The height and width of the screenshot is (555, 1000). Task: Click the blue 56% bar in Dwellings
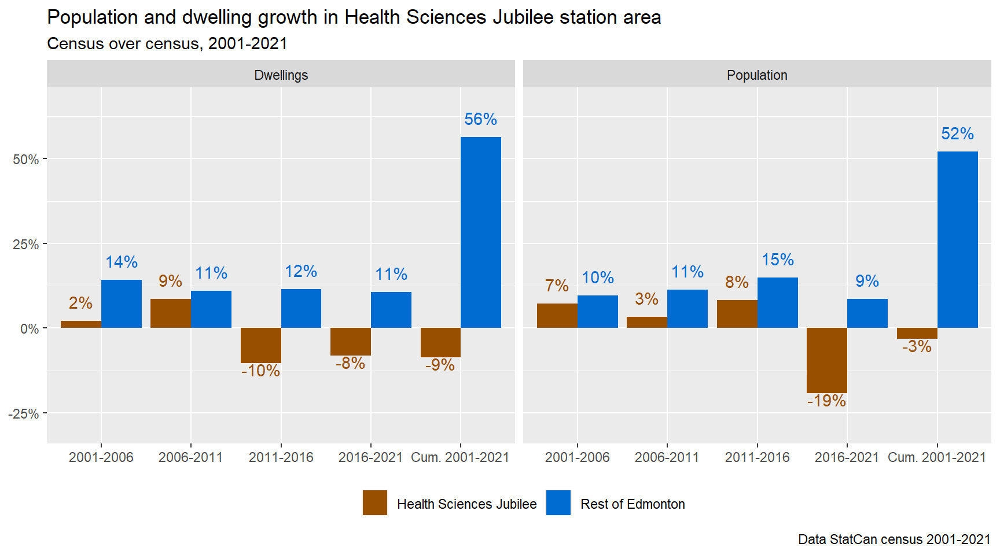pos(481,232)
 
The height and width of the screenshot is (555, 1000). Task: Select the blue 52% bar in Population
pos(957,239)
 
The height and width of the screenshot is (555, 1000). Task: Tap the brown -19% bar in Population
pos(826,360)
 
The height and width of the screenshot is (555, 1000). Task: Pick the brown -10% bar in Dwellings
pos(260,345)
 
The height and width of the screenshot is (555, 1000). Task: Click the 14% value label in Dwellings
pos(122,262)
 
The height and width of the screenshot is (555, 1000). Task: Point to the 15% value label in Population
pos(777,260)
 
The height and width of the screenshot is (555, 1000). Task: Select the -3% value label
pos(917,346)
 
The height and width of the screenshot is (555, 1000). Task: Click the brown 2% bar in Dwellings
pos(81,324)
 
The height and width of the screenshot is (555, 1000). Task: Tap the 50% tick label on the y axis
pos(26,160)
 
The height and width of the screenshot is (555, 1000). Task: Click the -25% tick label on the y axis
pos(24,414)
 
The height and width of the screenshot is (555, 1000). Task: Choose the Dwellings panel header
pos(281,75)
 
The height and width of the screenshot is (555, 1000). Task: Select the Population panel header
pos(757,75)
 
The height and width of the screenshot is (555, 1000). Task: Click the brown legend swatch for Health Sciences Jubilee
pos(375,503)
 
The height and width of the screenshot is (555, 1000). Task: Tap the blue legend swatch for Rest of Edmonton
pos(558,503)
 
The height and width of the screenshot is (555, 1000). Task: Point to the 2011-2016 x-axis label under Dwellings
pos(281,457)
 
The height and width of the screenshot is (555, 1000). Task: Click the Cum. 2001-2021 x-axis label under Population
pos(936,457)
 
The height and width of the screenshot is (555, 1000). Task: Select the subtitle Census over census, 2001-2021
pos(167,44)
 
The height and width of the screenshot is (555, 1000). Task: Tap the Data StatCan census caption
pos(894,539)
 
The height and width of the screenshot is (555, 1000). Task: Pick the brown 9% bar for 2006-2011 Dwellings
pos(171,313)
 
